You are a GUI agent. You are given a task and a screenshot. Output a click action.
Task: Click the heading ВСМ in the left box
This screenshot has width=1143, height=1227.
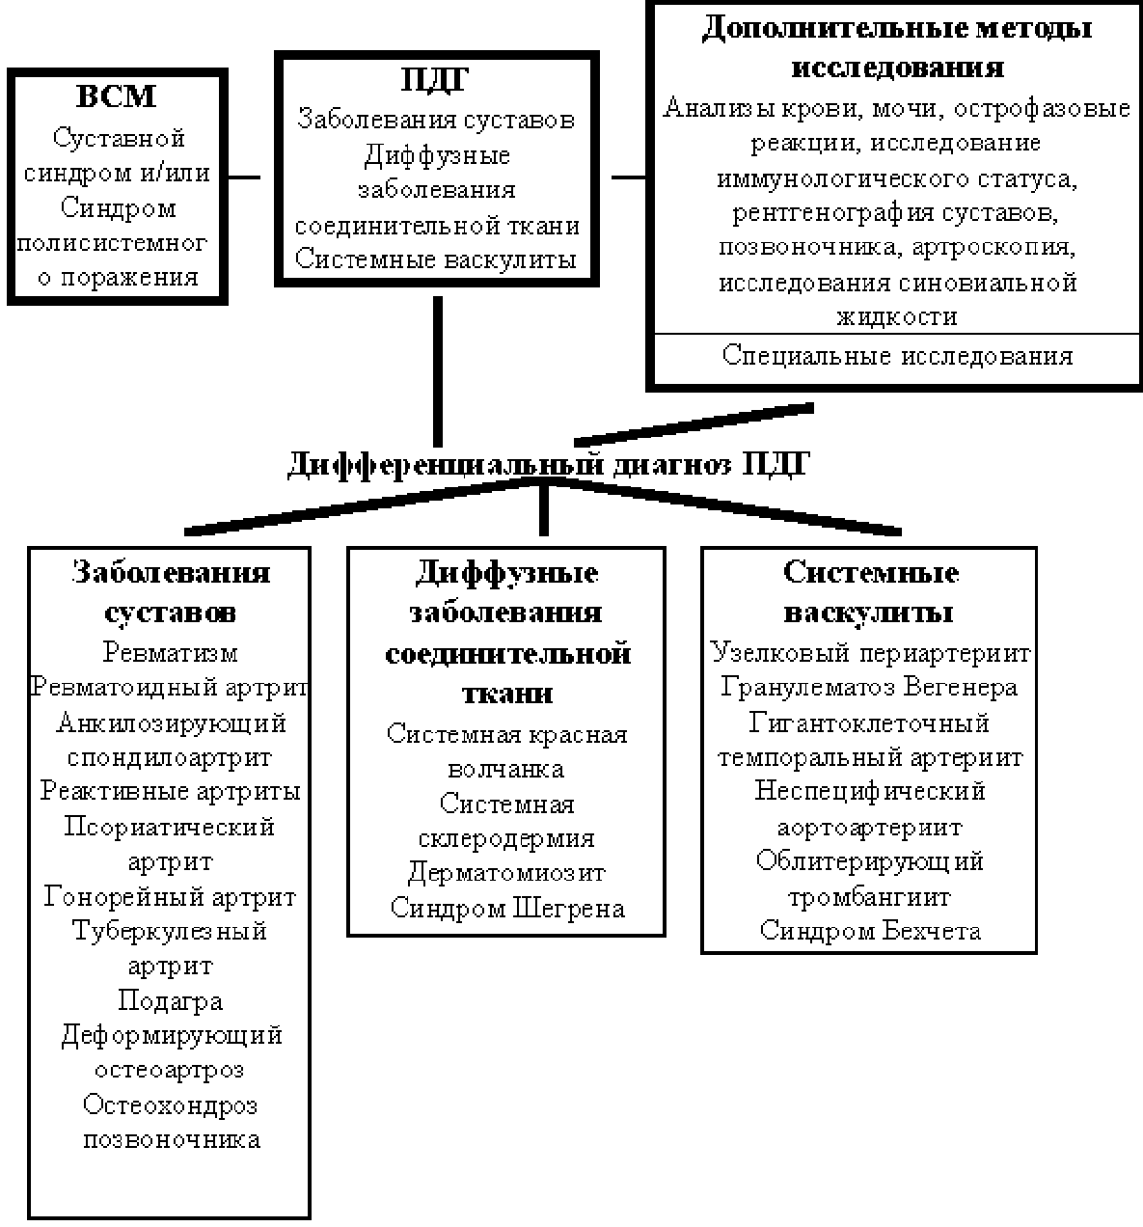[116, 96]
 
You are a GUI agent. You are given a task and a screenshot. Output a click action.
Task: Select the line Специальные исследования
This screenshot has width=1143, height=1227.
[897, 356]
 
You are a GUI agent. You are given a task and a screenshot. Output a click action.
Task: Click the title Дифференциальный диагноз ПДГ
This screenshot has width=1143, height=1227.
[548, 464]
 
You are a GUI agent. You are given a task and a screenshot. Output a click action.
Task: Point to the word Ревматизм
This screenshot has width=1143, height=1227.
[170, 652]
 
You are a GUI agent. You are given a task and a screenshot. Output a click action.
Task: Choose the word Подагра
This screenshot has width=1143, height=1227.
[170, 1000]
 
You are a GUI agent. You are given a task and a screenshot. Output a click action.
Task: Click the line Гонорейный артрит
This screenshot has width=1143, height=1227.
[170, 897]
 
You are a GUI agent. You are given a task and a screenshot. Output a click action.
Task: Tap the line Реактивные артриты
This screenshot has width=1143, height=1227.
[170, 792]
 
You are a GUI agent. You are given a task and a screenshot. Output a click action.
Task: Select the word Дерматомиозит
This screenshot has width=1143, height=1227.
[506, 873]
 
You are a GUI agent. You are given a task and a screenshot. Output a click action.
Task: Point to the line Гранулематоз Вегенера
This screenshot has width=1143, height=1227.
[869, 688]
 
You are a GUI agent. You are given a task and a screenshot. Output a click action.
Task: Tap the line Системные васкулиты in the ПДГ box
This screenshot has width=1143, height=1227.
[436, 259]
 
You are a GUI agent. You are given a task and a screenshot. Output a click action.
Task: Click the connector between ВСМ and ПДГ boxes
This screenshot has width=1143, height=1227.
[245, 177]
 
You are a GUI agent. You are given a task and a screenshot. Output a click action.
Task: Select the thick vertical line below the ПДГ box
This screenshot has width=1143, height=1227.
[438, 371]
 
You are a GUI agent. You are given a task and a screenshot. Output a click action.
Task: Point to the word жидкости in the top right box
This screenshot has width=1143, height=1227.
[897, 317]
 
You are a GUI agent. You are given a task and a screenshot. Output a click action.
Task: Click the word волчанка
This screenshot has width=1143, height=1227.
[506, 770]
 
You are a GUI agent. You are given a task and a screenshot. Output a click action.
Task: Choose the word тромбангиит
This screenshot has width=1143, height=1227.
[869, 897]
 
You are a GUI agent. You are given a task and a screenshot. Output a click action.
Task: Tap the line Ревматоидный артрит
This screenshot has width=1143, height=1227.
[170, 688]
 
